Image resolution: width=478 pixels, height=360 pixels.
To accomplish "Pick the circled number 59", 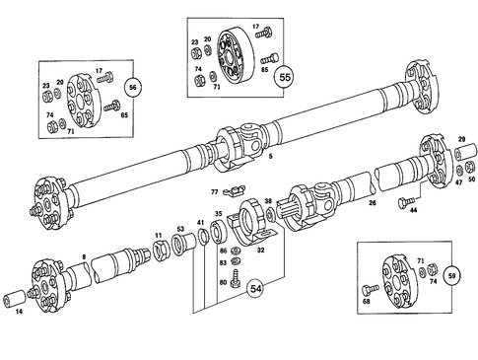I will pos(452,277).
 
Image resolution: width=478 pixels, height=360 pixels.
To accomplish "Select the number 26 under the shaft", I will pos(372,204).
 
